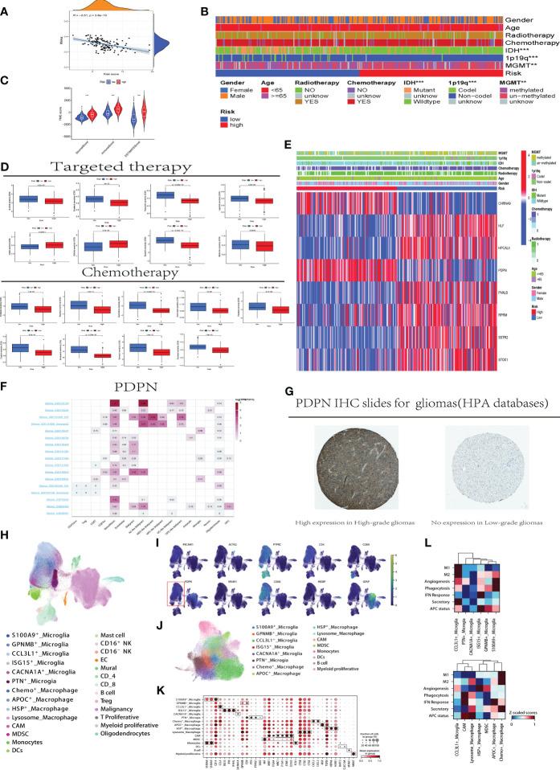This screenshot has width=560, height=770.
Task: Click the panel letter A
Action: click(x=7, y=8)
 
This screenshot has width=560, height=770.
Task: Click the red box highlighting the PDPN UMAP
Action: click(x=190, y=601)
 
